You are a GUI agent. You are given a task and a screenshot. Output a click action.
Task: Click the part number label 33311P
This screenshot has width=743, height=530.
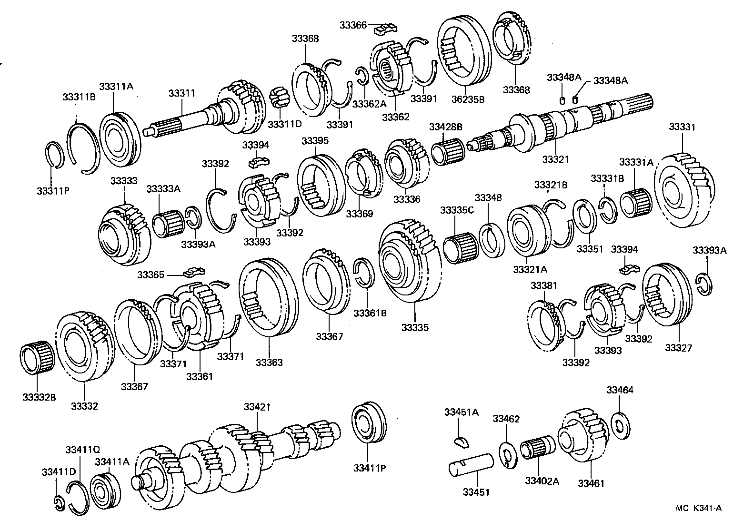coord(53,191)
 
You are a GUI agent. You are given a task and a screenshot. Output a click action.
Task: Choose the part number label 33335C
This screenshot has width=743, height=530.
coord(457,210)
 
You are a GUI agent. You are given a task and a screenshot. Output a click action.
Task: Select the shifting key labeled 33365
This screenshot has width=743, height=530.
coord(194,273)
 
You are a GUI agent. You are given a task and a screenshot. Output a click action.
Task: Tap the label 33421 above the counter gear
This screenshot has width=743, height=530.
coord(257,407)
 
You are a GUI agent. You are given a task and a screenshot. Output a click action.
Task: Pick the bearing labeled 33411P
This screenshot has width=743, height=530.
coord(369,423)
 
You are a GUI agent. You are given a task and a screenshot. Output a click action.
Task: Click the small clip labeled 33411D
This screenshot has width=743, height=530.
coord(58,503)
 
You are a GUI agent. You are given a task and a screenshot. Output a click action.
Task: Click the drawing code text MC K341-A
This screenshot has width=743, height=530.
coord(698,508)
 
